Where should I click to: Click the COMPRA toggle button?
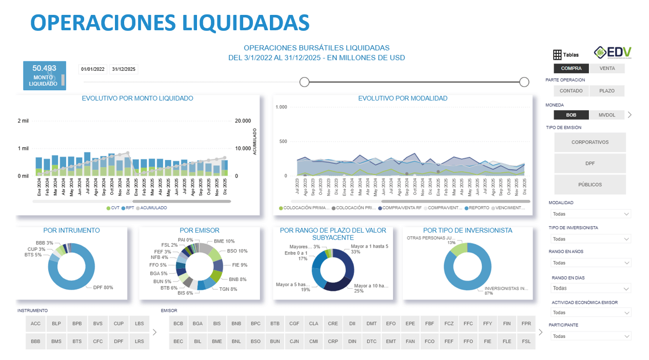click(571, 68)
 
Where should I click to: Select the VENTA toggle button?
click(607, 68)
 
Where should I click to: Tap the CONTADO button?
click(571, 91)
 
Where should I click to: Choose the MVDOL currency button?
click(607, 115)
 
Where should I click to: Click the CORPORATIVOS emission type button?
click(590, 142)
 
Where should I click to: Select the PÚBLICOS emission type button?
click(590, 185)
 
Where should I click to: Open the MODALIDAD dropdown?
click(590, 214)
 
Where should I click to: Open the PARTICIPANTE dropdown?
click(590, 336)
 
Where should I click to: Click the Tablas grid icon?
click(557, 55)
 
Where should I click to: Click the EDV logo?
click(613, 52)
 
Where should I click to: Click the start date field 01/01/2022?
click(93, 69)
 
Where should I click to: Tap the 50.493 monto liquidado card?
click(45, 75)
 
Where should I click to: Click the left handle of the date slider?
click(304, 82)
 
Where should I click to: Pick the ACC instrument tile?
click(35, 324)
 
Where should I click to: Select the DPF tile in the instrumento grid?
click(119, 341)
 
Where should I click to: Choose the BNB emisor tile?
click(236, 324)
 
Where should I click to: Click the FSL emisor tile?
click(526, 341)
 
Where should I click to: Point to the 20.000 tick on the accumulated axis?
click(243, 121)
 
